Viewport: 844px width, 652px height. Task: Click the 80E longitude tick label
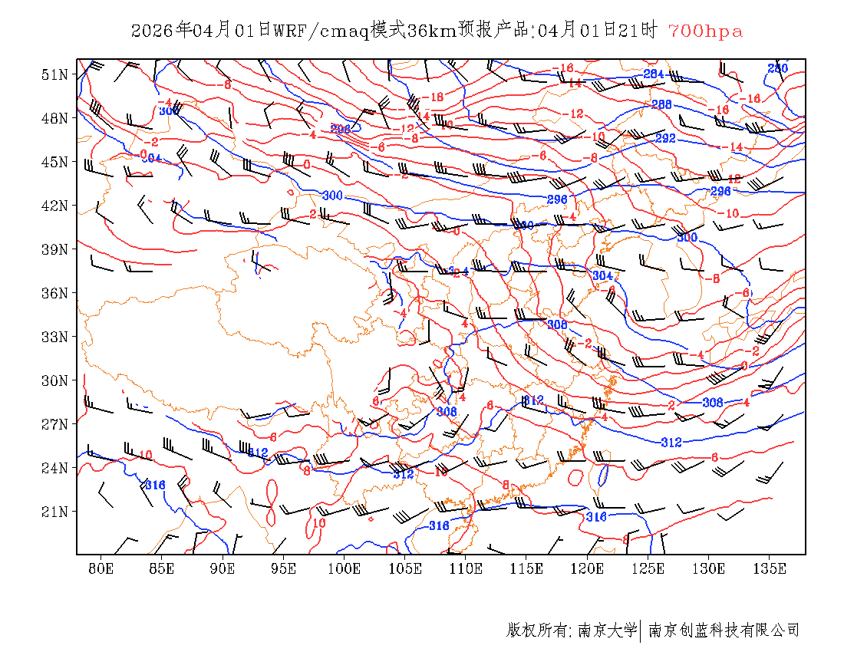101,568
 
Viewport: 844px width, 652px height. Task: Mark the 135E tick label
770,568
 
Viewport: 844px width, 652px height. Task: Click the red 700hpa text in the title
705,31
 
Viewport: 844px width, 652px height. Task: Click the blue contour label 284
653,74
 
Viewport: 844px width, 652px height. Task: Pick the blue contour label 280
778,69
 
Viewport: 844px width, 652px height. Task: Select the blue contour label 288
661,104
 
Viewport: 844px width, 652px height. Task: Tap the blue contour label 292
665,139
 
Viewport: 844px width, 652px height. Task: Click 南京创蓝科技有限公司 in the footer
724,631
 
